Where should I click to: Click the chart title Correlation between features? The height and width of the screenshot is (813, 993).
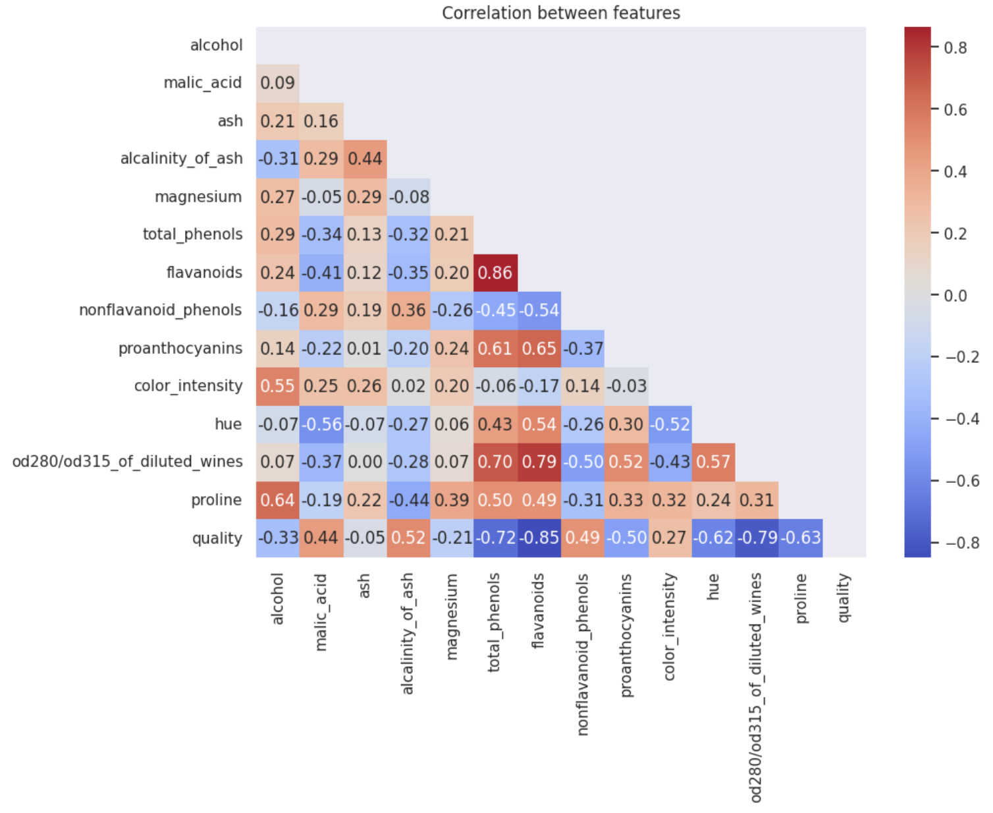[x=561, y=13]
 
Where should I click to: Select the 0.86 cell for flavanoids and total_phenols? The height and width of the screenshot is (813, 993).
[x=495, y=273]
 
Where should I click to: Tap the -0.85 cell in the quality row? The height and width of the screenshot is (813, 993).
[x=539, y=538]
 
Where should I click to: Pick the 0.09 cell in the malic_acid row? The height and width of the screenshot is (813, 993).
[x=277, y=83]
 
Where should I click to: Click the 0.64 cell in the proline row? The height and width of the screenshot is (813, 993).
[x=277, y=501]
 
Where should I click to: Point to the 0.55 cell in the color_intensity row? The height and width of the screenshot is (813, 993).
[x=277, y=387]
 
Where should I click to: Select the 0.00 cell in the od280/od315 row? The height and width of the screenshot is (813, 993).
[x=365, y=463]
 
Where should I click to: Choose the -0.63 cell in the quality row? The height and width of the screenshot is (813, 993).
[x=801, y=538]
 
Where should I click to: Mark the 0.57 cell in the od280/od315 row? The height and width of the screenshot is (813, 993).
[x=713, y=463]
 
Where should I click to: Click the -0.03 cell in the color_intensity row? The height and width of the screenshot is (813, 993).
[x=626, y=387]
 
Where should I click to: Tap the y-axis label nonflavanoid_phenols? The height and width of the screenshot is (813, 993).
[x=161, y=310]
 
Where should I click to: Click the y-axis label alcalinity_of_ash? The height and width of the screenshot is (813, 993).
[x=181, y=159]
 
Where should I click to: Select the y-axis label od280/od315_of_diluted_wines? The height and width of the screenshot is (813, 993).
[x=128, y=462]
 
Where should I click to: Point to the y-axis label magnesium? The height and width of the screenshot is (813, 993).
[x=198, y=197]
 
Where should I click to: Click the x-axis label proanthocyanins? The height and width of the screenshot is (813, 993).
[x=626, y=635]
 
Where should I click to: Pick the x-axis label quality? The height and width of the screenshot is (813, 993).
[x=844, y=598]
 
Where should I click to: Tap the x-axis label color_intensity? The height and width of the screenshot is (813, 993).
[x=670, y=627]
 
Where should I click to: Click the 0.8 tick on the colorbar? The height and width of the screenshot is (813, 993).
[x=955, y=47]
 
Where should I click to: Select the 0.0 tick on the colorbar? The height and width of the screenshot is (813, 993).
[x=955, y=296]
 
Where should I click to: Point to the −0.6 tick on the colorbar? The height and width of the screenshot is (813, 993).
[x=962, y=481]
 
